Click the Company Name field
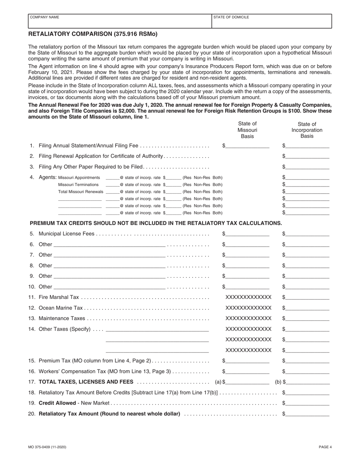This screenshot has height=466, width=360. pos(119,22)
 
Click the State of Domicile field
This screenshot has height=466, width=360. pos(271,22)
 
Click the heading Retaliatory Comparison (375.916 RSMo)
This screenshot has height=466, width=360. pos(93,34)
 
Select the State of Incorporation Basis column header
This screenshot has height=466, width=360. pos(307,130)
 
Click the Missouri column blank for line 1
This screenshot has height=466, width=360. pos(247,146)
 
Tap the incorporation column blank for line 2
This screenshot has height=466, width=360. pos(308,156)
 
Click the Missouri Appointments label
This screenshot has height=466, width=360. pos(79,178)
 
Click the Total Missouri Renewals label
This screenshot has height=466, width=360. pos(81,192)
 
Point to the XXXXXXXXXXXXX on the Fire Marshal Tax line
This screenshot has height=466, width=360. pos(248,297)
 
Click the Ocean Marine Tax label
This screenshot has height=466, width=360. pos(61,308)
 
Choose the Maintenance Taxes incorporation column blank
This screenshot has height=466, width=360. pos(308,318)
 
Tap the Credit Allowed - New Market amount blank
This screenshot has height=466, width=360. pos(308,403)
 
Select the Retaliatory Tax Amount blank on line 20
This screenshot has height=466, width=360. pos(308,414)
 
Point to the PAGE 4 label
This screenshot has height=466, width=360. pos(325,447)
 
